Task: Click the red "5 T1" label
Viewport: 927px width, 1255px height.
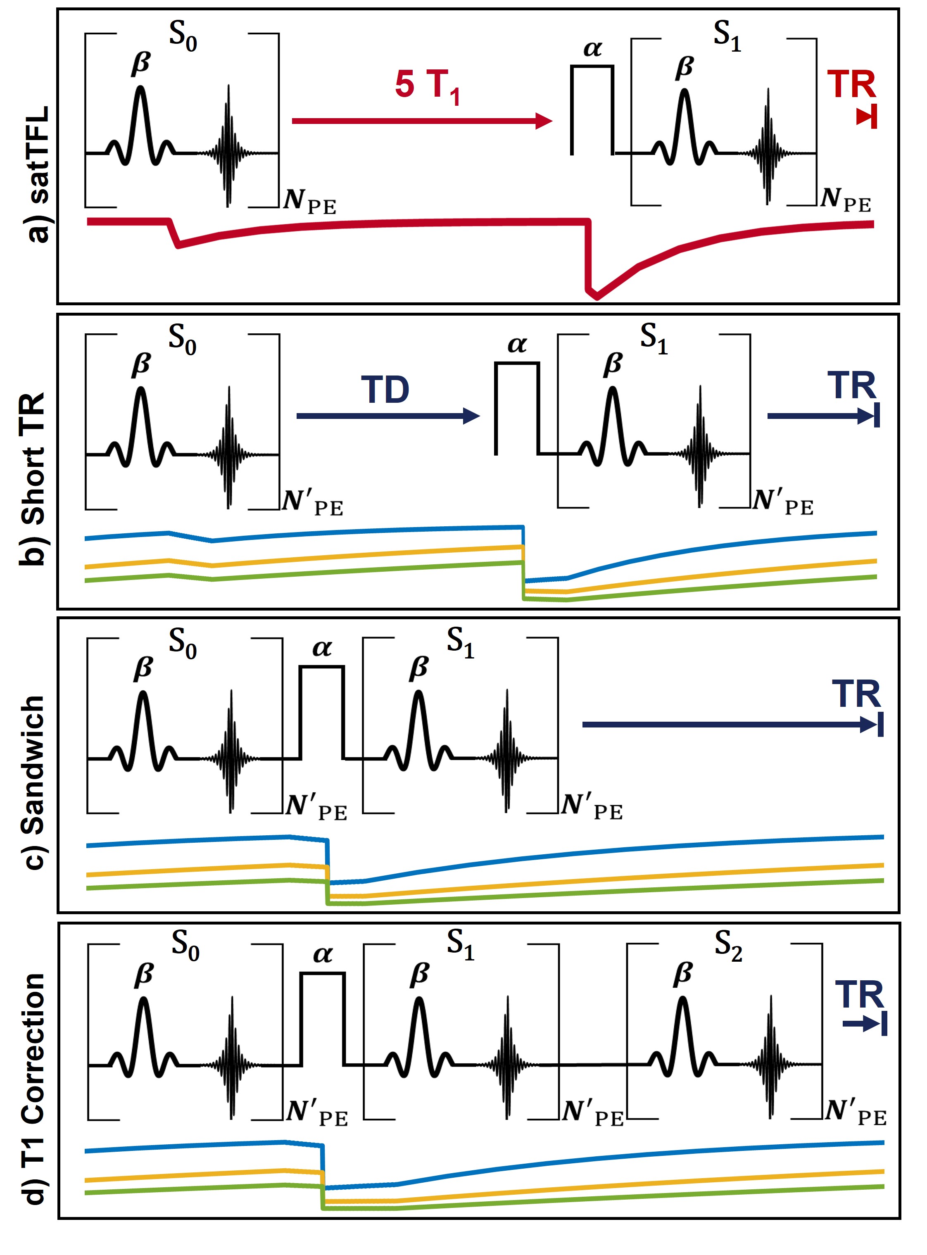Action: tap(427, 87)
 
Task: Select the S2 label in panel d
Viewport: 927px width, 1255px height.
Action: tap(728, 946)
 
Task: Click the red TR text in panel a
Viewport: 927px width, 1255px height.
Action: tap(851, 85)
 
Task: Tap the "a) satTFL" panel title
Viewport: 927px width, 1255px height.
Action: tap(38, 174)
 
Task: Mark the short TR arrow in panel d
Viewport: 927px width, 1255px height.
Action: tap(864, 1024)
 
